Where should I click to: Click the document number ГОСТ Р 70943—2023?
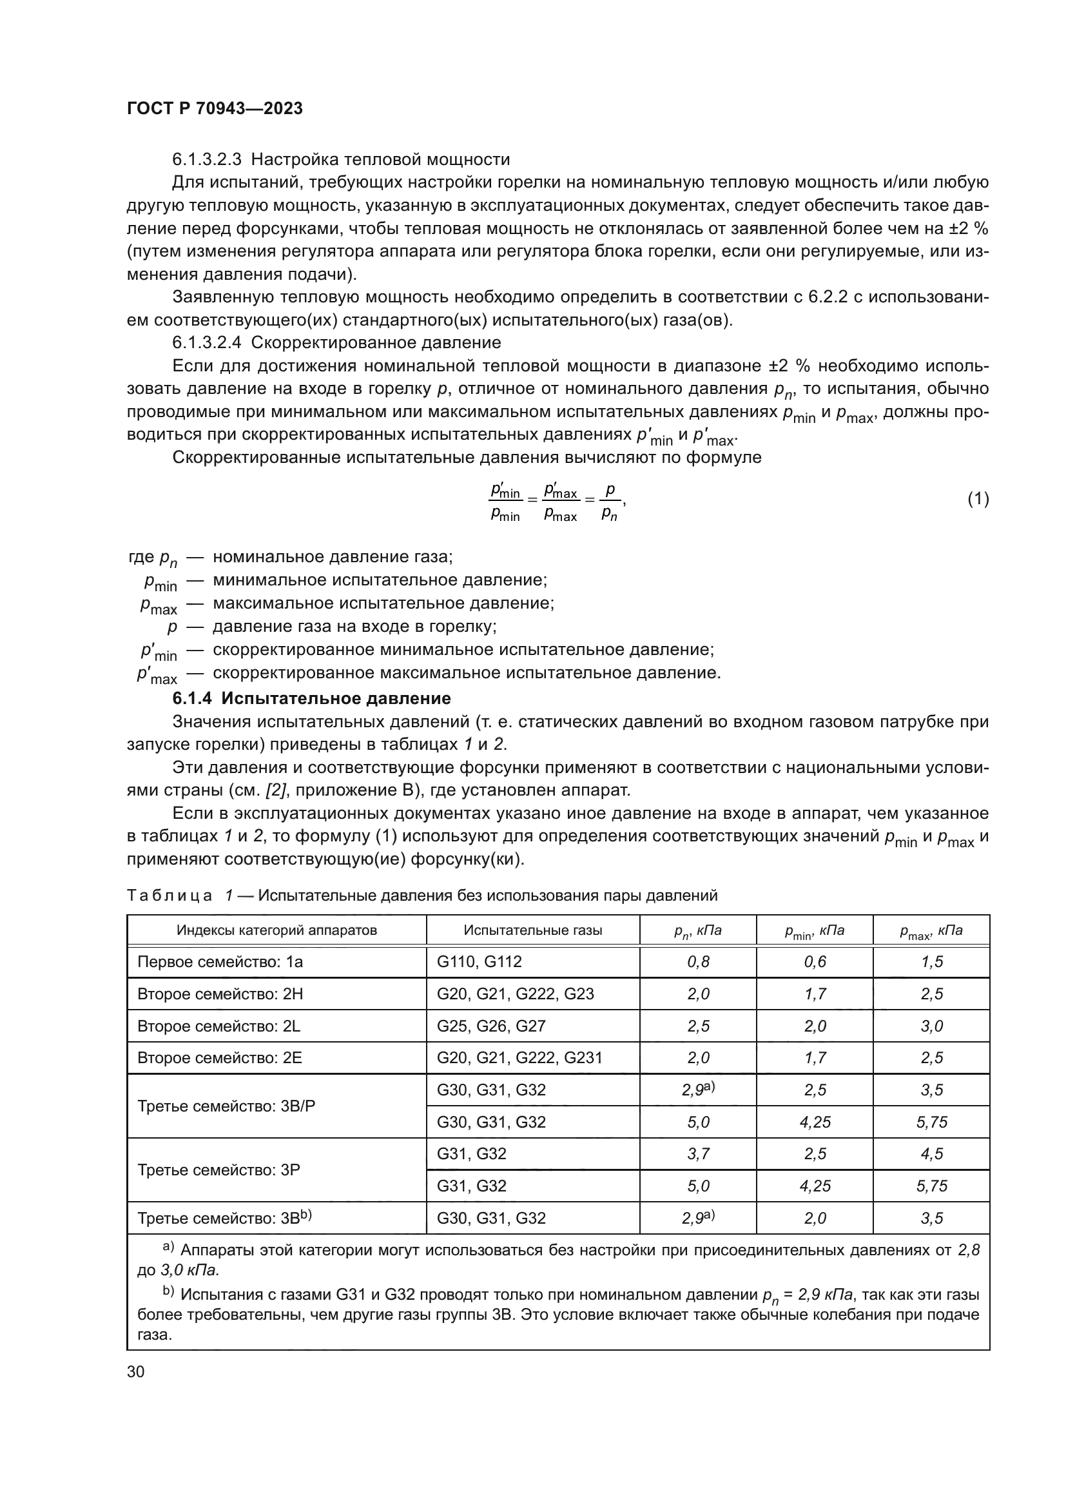coord(215,109)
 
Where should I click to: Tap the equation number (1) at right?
coord(978,499)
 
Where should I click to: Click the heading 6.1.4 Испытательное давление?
coord(311,698)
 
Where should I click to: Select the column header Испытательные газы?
coord(532,930)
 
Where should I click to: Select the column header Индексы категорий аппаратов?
coord(276,930)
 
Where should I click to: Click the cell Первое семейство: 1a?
coord(220,962)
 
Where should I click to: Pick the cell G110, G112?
coord(479,962)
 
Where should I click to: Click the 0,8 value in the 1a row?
coord(698,962)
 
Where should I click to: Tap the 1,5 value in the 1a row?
coord(931,962)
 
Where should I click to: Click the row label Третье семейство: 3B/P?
coord(226,1106)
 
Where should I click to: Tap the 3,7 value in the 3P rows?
coord(698,1154)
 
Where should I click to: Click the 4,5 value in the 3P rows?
coord(931,1154)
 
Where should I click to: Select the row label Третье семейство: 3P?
coord(218,1170)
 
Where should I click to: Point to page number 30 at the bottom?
coord(135,1372)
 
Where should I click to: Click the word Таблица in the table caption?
coord(170,896)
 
